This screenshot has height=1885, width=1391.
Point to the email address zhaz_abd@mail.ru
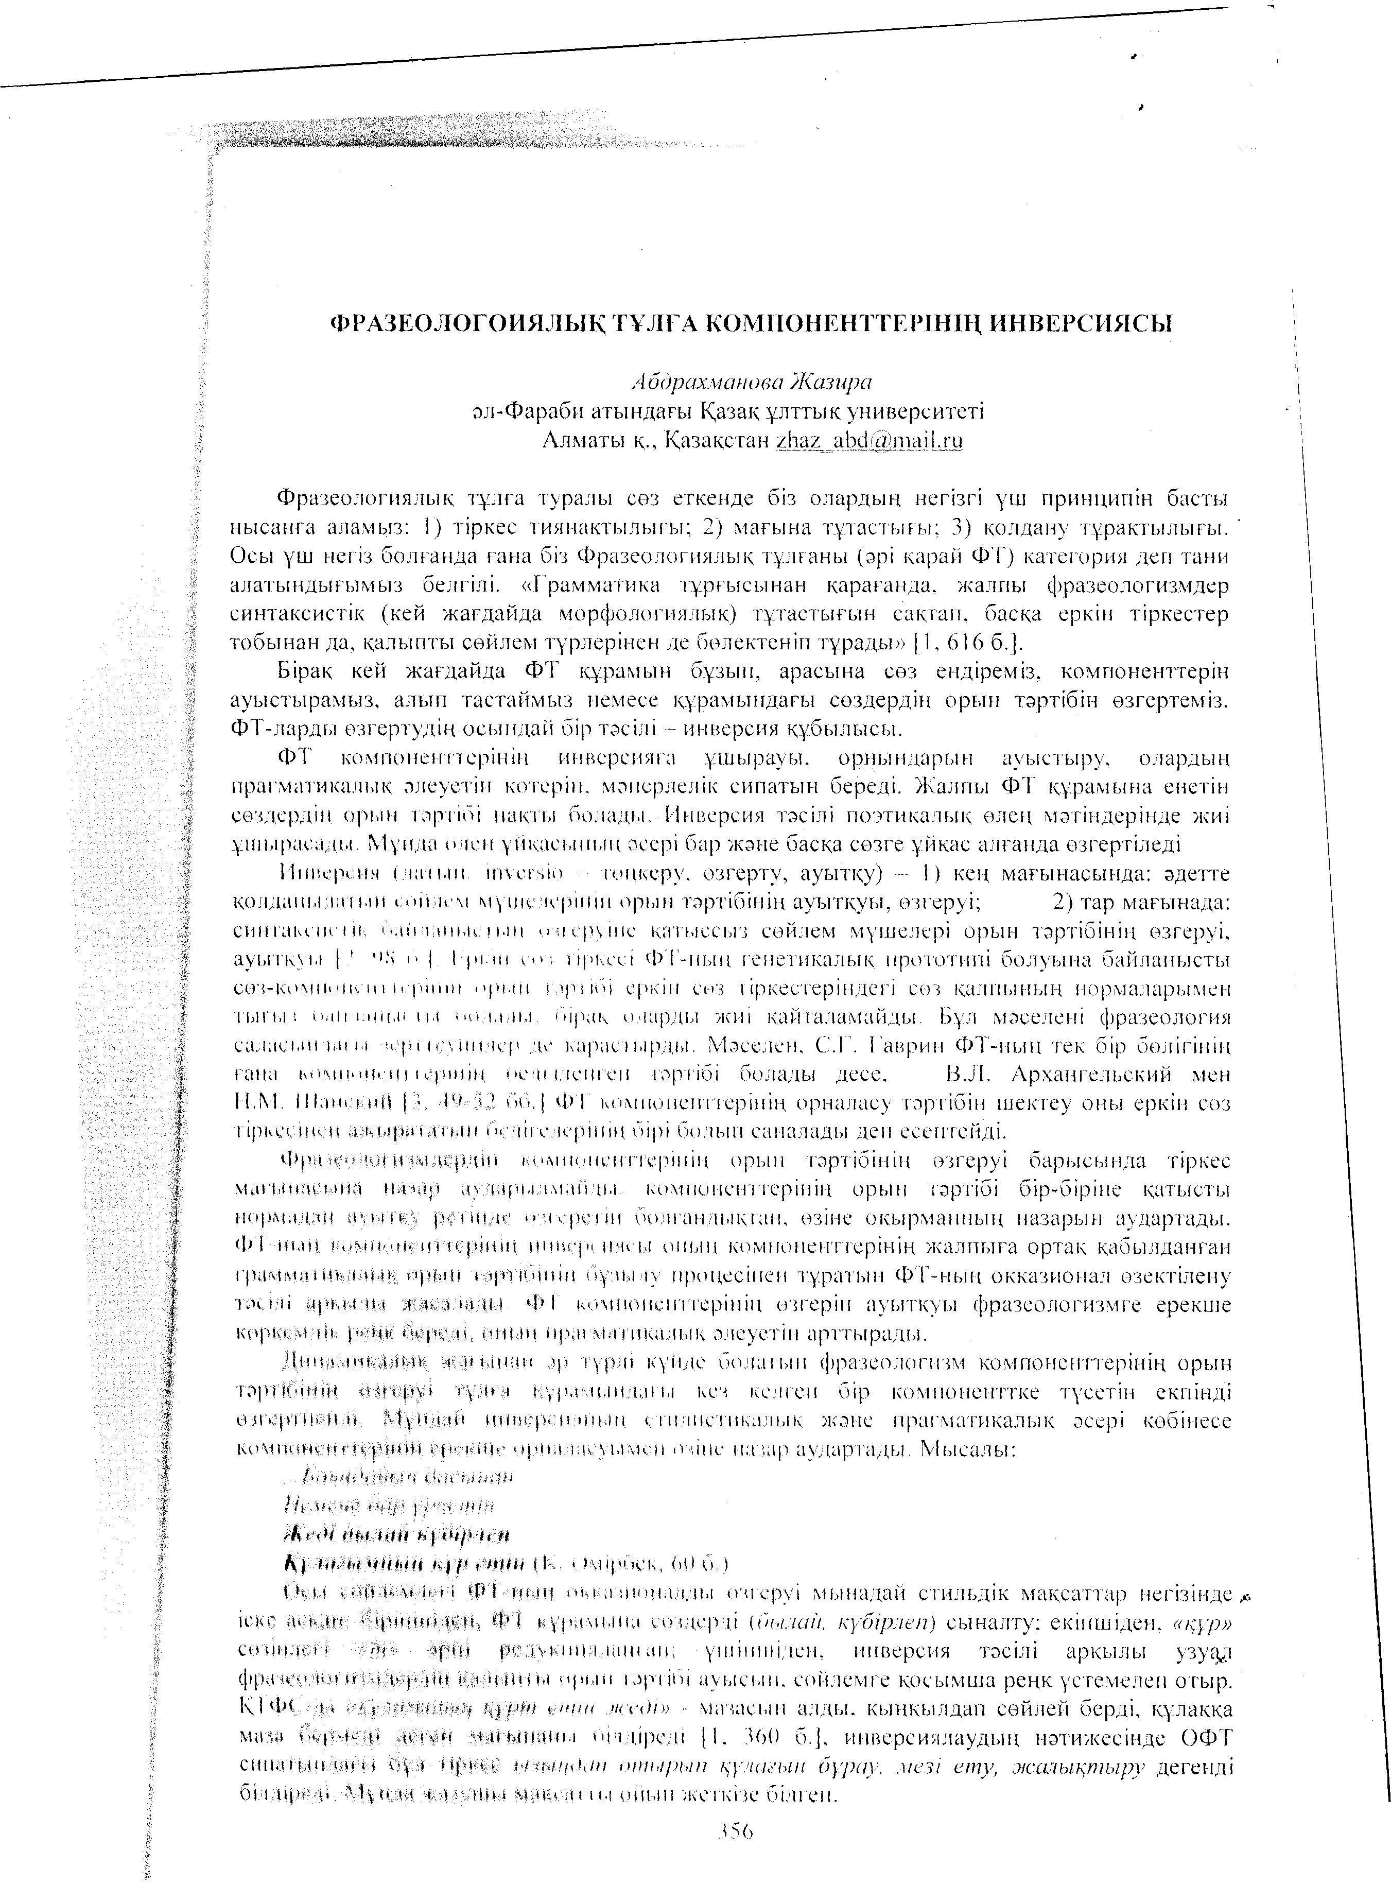click(x=870, y=440)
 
